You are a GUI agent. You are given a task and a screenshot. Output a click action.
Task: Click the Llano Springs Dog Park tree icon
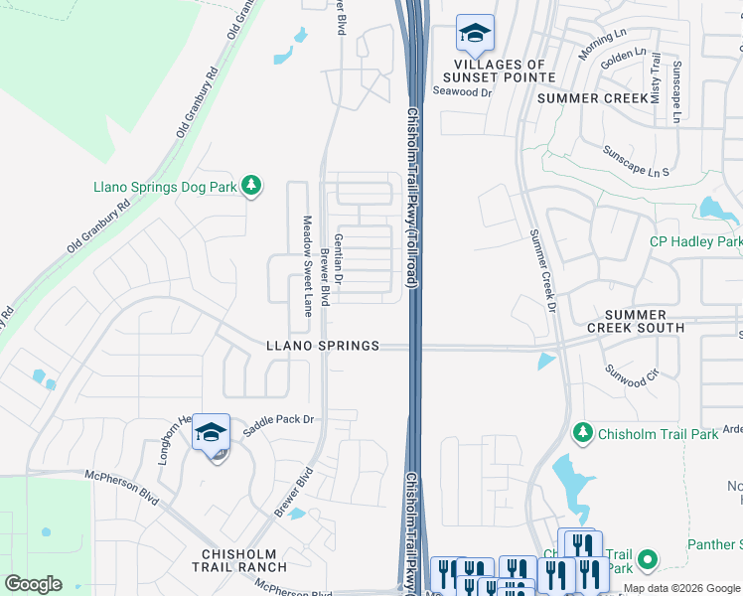[252, 186]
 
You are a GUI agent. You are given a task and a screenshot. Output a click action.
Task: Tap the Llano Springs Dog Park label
[165, 187]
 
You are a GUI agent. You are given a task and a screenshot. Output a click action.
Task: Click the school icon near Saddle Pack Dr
[211, 433]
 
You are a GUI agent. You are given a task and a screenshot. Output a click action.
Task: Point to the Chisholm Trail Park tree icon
[582, 432]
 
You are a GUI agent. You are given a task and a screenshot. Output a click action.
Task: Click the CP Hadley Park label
[695, 241]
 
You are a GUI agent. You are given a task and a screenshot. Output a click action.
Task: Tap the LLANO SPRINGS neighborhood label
[323, 346]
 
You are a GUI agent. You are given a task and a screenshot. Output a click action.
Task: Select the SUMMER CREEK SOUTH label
[635, 321]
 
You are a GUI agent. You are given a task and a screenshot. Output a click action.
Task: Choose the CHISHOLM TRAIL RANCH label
[244, 560]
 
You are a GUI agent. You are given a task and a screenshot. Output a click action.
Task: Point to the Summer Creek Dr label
[541, 269]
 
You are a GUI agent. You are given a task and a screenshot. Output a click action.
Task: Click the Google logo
[33, 584]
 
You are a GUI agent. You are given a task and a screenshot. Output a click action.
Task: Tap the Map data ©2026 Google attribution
[681, 588]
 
